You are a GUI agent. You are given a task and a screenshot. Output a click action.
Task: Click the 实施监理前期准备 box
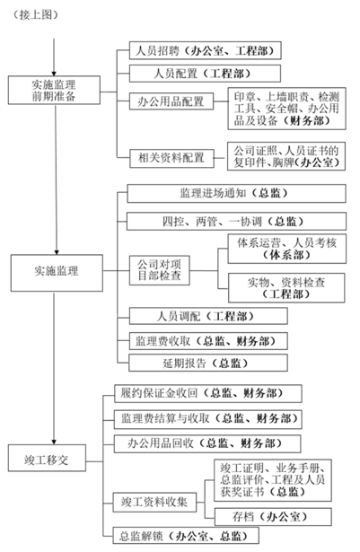54,90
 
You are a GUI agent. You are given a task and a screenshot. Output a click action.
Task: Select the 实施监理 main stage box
57,273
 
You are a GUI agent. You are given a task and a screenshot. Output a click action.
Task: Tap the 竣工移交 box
48,458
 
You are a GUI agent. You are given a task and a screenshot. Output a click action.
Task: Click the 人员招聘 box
206,50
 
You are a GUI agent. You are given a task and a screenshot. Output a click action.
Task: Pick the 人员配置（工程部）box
205,74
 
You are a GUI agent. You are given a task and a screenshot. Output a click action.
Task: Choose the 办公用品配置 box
171,101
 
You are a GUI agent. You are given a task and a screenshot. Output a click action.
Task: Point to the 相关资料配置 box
171,158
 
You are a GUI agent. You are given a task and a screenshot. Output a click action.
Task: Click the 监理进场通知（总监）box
236,193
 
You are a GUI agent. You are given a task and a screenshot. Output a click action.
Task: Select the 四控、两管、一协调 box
236,221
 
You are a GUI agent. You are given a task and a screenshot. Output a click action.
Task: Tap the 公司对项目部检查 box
159,270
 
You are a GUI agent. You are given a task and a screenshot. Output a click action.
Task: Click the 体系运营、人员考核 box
287,249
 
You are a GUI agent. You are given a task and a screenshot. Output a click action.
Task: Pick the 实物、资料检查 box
286,287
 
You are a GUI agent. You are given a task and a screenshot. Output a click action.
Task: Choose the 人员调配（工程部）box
208,316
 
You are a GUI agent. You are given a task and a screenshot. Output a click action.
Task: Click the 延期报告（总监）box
208,363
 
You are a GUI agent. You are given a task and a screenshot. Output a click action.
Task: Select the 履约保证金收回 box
208,393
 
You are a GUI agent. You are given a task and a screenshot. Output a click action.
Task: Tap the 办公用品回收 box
207,443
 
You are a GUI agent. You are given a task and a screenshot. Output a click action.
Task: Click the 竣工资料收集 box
154,503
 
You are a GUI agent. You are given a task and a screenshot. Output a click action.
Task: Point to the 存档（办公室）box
273,517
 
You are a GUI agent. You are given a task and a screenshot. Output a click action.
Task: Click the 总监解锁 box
186,536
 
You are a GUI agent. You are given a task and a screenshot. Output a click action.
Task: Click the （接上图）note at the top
35,14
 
